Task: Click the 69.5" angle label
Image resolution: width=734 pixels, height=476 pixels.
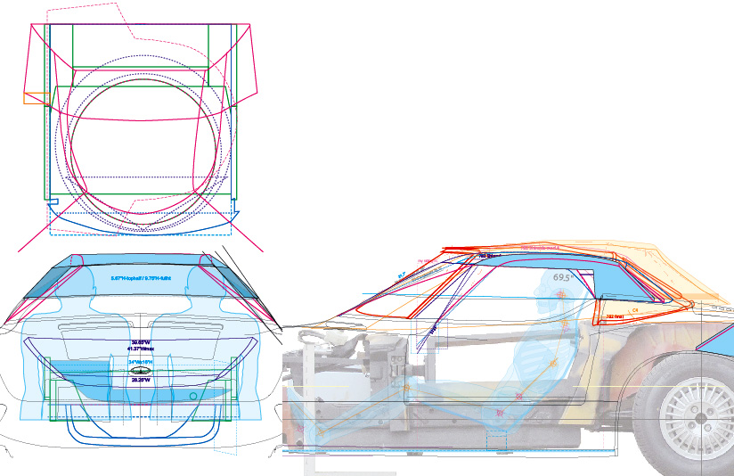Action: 563,277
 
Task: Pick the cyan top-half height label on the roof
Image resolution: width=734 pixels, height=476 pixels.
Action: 141,279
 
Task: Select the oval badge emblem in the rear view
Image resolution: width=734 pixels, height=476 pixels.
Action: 139,370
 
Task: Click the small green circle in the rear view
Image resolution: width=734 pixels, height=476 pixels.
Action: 193,395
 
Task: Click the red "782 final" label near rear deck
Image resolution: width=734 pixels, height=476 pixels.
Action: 614,316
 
